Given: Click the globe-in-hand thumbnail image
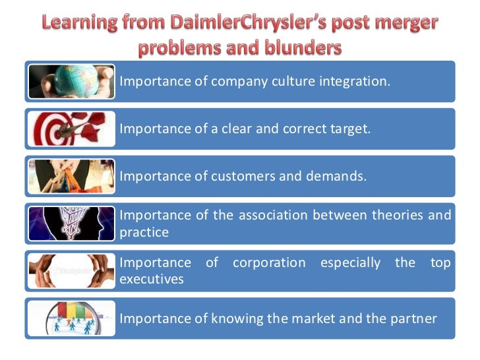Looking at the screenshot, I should (x=71, y=81).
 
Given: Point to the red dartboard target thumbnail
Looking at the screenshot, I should (x=71, y=128).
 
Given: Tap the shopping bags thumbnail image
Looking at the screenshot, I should (x=71, y=176).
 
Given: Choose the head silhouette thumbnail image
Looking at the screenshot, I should (x=71, y=224).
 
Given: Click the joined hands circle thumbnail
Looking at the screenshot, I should (x=71, y=271).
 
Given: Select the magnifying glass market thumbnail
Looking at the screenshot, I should (x=71, y=318).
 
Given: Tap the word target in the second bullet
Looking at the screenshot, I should (x=350, y=129).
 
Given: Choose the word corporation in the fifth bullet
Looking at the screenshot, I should (x=269, y=262).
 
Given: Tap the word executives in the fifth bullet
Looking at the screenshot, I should (x=151, y=280).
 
